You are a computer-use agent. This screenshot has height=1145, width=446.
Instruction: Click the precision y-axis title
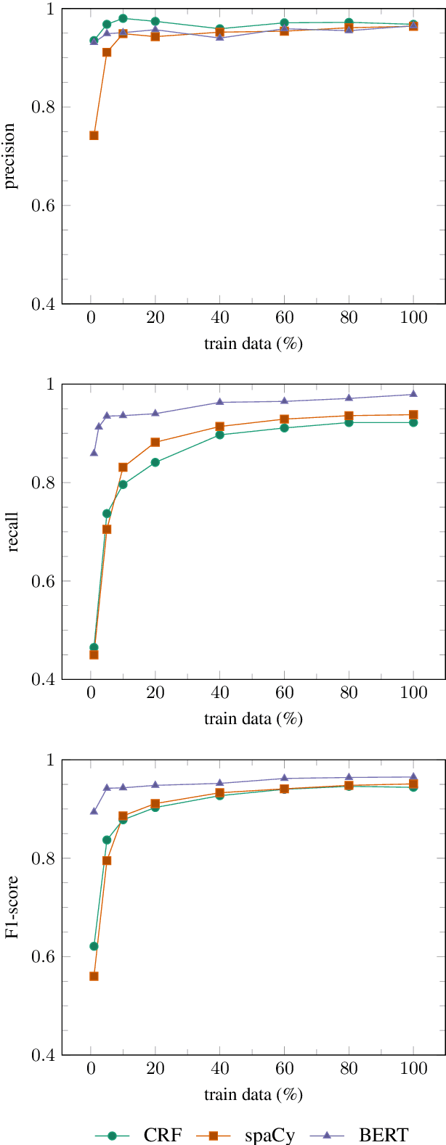[10, 156]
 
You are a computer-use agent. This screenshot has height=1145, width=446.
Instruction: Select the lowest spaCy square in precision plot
[94, 136]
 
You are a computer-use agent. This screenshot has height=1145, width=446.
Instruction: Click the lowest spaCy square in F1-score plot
[94, 976]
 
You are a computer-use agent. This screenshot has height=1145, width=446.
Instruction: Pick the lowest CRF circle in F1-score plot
[94, 946]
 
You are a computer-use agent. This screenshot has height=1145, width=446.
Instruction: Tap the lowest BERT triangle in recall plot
[94, 452]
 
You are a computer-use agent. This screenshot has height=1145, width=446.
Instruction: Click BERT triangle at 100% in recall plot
[413, 394]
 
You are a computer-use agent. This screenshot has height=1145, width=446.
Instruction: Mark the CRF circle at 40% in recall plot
[219, 435]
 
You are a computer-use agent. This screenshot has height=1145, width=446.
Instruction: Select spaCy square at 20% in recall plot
[155, 442]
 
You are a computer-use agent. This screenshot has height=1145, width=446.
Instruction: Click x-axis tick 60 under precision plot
[284, 318]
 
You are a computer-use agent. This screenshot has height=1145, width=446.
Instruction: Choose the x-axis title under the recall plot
[253, 719]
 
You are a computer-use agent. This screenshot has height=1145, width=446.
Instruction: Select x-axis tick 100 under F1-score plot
[413, 1070]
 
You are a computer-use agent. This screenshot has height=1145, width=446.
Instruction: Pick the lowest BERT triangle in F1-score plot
[94, 811]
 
